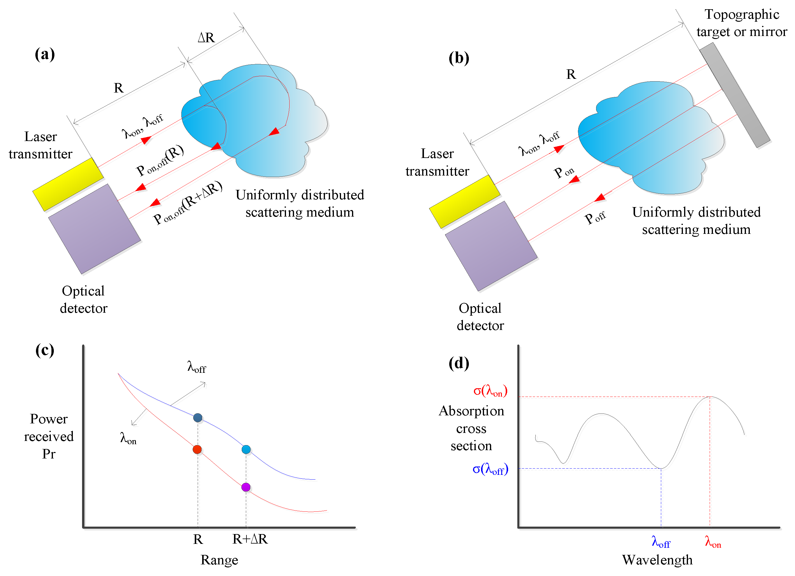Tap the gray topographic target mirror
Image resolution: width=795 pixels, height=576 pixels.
click(734, 95)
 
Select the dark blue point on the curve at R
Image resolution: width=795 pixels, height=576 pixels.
click(198, 417)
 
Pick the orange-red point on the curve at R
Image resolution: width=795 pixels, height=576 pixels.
click(197, 449)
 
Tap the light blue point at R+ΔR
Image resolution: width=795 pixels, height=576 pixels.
click(246, 449)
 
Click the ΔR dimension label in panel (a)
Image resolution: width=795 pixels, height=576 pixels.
click(206, 37)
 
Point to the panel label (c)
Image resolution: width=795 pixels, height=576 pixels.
click(45, 350)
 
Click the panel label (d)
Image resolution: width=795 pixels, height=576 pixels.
click(458, 363)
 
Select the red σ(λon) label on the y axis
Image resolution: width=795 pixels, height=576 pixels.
click(490, 390)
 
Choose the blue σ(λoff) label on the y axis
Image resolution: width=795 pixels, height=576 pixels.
click(490, 469)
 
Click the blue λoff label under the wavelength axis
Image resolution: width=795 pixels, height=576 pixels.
click(661, 542)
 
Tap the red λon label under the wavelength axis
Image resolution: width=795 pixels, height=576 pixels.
click(713, 542)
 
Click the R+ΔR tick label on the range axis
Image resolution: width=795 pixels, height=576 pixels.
click(250, 539)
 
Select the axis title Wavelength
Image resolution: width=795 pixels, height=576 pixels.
click(657, 560)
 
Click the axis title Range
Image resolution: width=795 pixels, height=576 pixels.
click(219, 560)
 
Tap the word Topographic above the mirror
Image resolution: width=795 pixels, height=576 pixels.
click(742, 14)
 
